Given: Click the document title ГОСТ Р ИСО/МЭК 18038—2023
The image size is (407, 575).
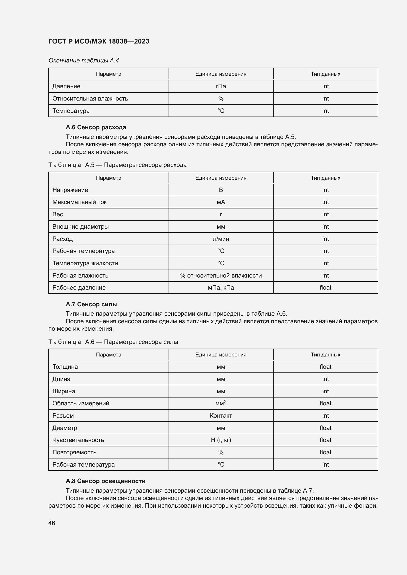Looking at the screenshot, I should pyautogui.click(x=99, y=42).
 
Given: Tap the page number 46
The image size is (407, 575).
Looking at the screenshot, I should pyautogui.click(x=52, y=523).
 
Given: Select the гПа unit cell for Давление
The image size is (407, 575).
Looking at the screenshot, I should pyautogui.click(x=221, y=86).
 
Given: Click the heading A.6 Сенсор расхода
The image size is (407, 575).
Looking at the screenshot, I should pyautogui.click(x=96, y=128).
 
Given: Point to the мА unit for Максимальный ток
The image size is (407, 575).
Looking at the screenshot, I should pyautogui.click(x=221, y=202).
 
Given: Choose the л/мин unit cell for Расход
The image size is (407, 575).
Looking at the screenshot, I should pyautogui.click(x=221, y=239).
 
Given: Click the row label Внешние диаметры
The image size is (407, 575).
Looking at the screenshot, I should pyautogui.click(x=80, y=227).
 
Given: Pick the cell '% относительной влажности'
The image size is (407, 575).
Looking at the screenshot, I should pyautogui.click(x=221, y=276).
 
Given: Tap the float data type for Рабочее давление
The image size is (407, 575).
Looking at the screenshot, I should pyautogui.click(x=325, y=288).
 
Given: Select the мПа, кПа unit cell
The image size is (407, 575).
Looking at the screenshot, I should pyautogui.click(x=221, y=288).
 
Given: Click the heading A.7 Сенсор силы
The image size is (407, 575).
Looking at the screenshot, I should pyautogui.click(x=92, y=304).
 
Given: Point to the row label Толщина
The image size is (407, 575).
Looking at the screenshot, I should pyautogui.click(x=65, y=367).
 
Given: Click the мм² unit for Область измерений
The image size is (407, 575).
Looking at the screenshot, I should pyautogui.click(x=221, y=403).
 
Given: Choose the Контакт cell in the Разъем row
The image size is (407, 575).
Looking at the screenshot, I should pyautogui.click(x=221, y=416).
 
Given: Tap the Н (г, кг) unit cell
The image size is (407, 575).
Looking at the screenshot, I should pyautogui.click(x=221, y=440).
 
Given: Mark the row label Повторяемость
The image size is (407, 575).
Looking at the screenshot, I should pyautogui.click(x=74, y=452).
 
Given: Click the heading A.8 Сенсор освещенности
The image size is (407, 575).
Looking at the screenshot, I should pyautogui.click(x=106, y=481).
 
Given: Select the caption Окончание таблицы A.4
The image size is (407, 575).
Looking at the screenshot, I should pyautogui.click(x=84, y=60).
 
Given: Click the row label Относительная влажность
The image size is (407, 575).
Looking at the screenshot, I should pyautogui.click(x=90, y=99).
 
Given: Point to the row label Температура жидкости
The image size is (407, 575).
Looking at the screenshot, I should pyautogui.click(x=85, y=263).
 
